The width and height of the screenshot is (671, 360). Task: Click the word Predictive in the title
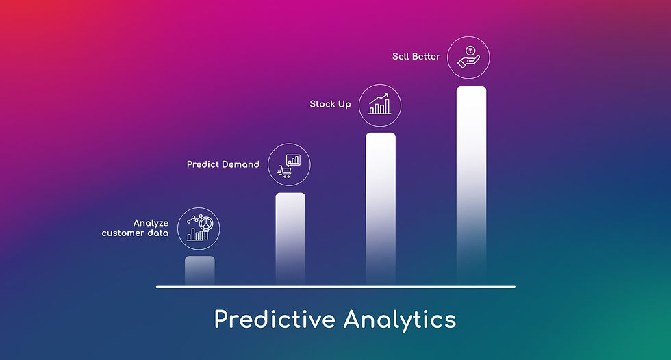[x=275, y=320]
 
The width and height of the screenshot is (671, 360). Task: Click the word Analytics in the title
[x=400, y=320]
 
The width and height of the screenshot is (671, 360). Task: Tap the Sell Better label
[x=416, y=56]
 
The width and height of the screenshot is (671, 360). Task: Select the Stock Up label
[x=330, y=104]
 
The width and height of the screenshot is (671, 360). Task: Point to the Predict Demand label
[x=223, y=164]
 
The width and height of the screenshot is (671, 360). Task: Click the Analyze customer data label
[x=135, y=228]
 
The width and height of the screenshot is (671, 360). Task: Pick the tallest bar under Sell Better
[x=471, y=185]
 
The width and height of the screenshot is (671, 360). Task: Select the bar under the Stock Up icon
[x=381, y=209]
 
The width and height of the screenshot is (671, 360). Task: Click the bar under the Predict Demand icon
[x=290, y=239]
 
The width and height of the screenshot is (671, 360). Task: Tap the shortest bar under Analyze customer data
[x=199, y=270]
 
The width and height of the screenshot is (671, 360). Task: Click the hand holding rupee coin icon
[x=468, y=57]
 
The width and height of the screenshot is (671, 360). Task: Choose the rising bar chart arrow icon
[x=379, y=104]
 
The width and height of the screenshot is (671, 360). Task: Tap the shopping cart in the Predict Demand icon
[x=285, y=172]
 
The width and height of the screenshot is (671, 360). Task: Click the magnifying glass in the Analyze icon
[x=206, y=226]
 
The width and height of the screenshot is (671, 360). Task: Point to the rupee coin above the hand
[x=470, y=51]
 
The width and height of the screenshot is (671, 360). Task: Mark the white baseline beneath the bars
[x=335, y=287]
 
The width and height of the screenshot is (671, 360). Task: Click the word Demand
[x=241, y=164]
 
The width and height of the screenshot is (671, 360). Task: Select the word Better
[x=425, y=56]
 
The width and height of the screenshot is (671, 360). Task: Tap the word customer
[x=123, y=233]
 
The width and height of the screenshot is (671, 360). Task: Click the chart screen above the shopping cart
[x=293, y=160]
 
